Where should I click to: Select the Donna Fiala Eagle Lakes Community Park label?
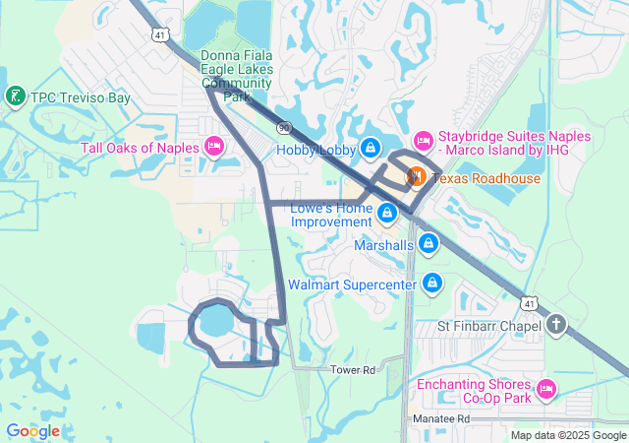pos(237,76)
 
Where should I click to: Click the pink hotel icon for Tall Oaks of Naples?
pos(213,148)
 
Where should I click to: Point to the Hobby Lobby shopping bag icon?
pos(370,149)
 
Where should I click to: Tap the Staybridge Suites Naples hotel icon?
pos(424,141)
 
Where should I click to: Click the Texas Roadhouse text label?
pos(486,178)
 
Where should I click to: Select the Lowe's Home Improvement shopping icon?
pos(387,212)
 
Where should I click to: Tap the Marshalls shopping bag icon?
pos(429,243)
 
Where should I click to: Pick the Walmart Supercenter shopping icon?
pos(432,285)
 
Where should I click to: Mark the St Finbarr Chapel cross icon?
pos(556,325)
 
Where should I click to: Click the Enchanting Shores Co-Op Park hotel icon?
pos(545,391)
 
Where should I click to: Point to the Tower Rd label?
pos(353,370)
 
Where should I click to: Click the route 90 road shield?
pos(284,127)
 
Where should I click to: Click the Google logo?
pos(32,431)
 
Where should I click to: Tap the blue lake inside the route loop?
pos(214,321)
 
